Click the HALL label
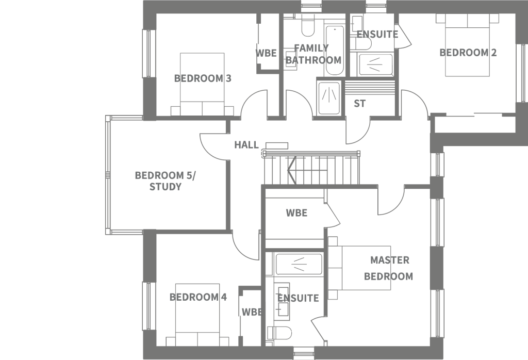click(246, 145)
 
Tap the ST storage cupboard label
click(359, 103)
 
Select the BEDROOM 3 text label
click(203, 78)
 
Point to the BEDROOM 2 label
click(468, 53)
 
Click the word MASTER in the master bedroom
click(390, 260)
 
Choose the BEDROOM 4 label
click(198, 297)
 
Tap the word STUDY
click(166, 187)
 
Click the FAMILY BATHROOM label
click(313, 54)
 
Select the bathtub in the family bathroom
click(335, 51)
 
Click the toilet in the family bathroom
click(308, 25)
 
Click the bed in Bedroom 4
click(197, 315)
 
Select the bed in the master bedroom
click(359, 268)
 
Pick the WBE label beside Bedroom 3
click(266, 53)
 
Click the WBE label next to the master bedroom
click(296, 213)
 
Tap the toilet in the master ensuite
click(279, 333)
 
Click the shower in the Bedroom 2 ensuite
click(376, 64)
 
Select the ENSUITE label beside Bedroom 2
click(377, 35)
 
